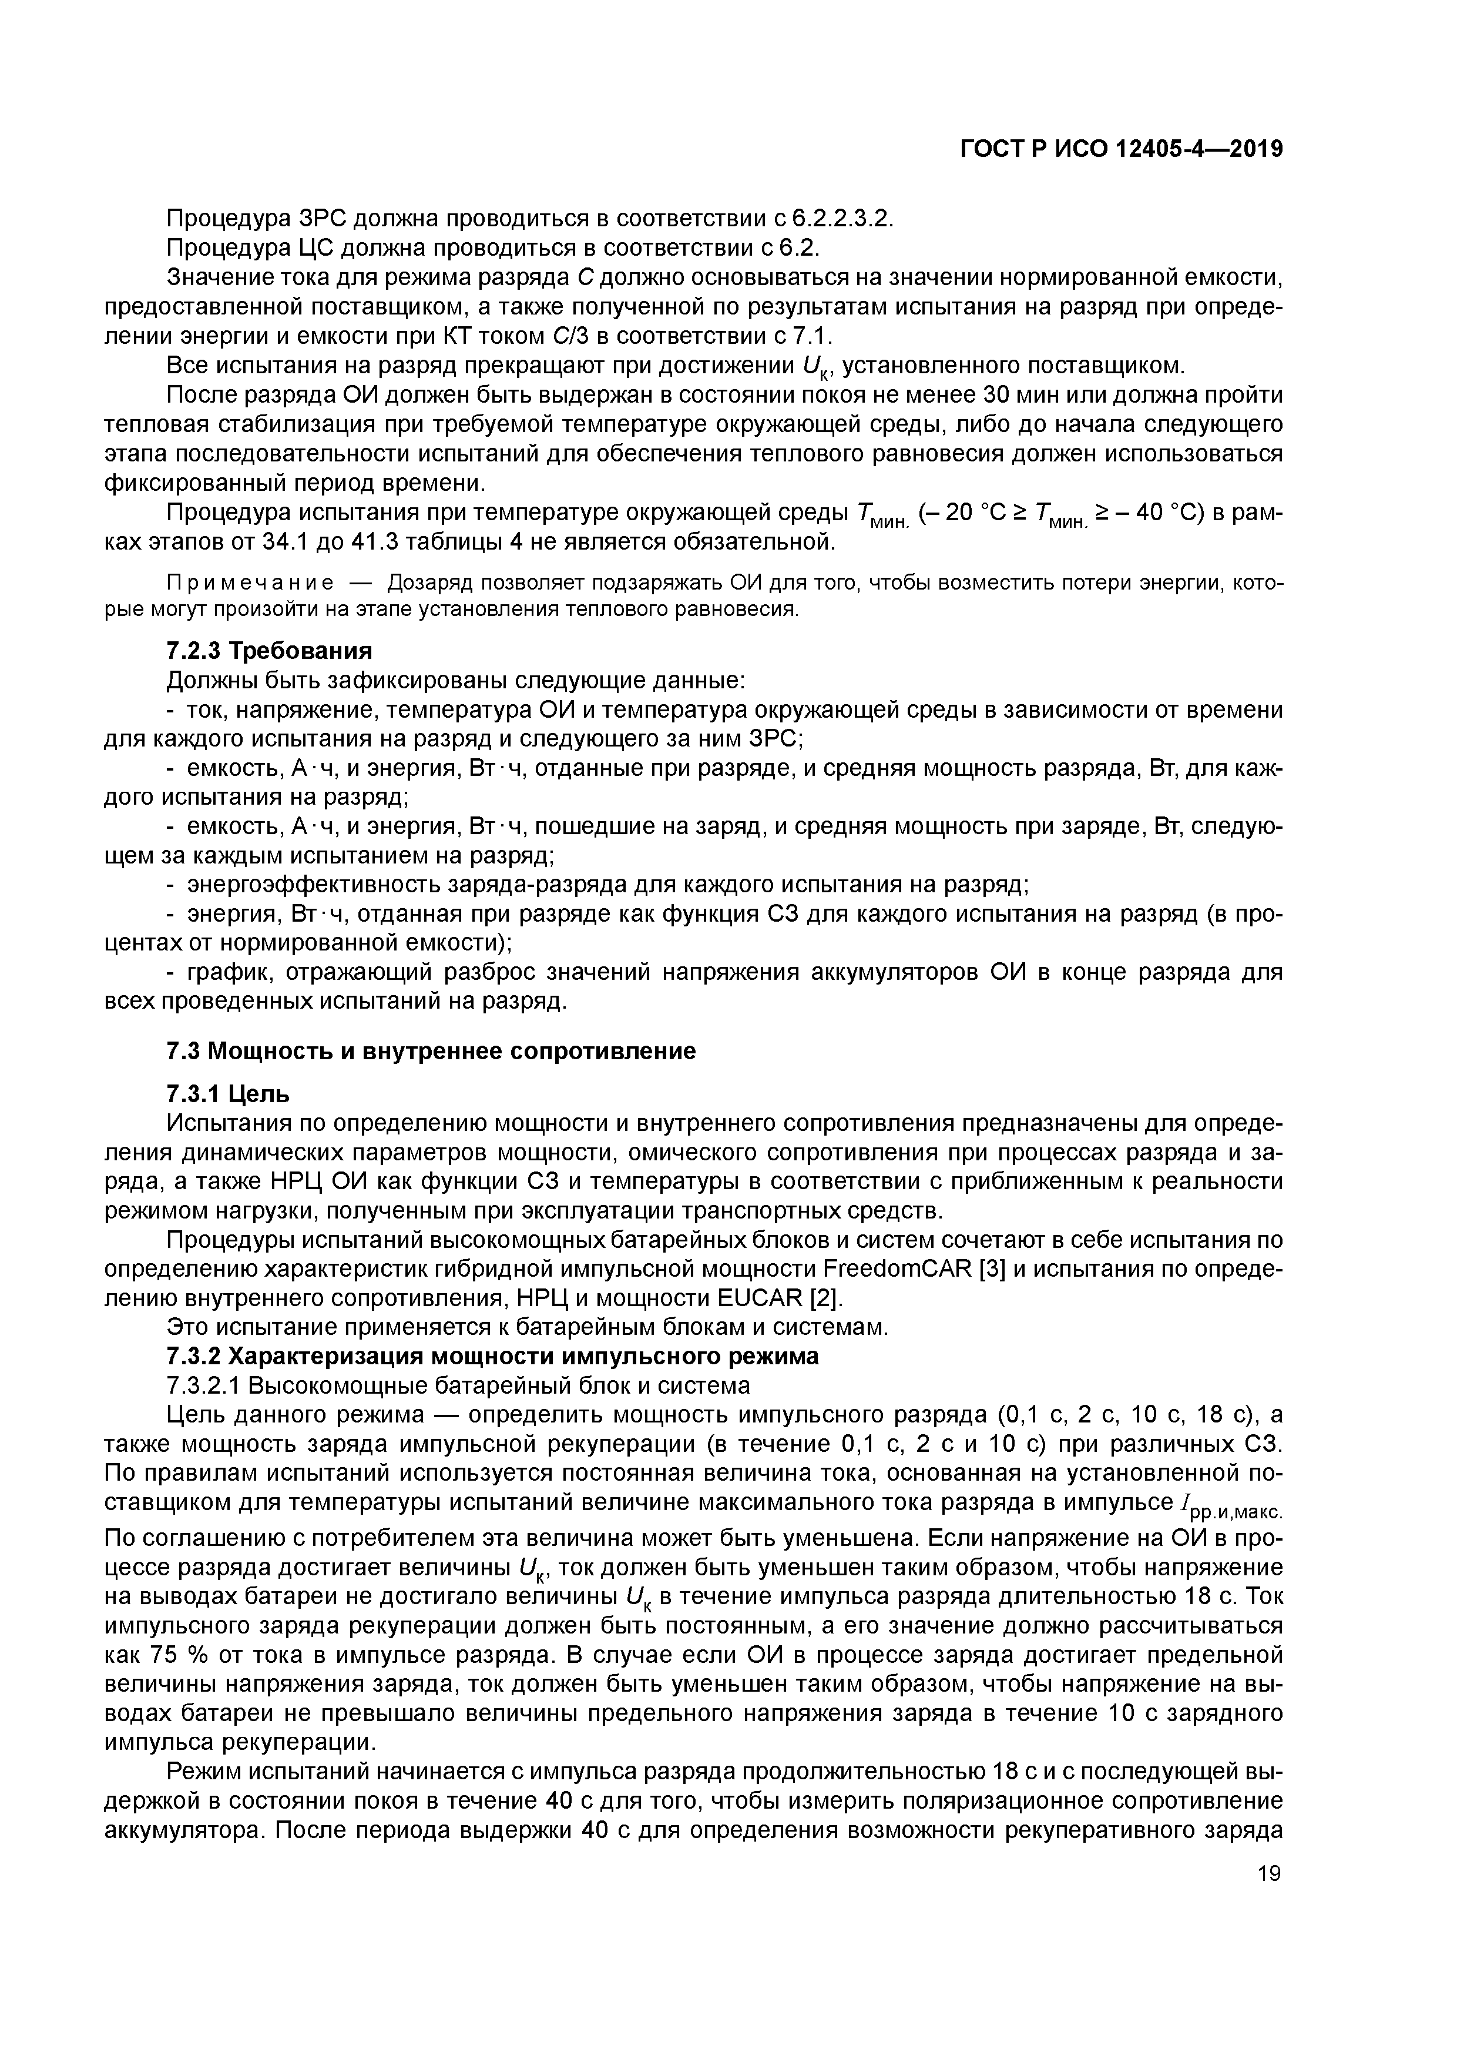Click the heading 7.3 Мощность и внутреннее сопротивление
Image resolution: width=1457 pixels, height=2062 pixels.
431,1051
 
